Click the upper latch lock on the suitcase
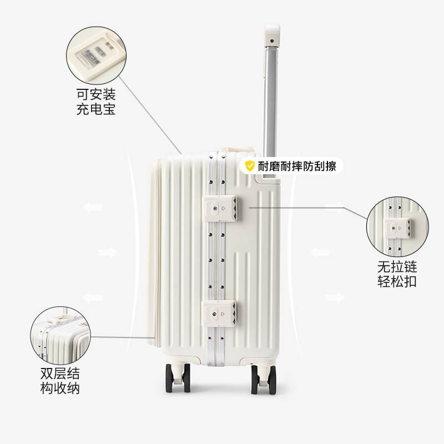[x=221, y=208]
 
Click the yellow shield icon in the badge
[x=250, y=165]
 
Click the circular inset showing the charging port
[x=93, y=54]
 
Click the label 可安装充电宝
[x=95, y=101]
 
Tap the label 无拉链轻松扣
[x=397, y=274]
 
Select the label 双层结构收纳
[x=60, y=380]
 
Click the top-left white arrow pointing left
[x=92, y=208]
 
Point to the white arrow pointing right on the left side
[x=108, y=253]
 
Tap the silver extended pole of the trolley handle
[x=270, y=105]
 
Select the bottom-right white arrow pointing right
[x=334, y=297]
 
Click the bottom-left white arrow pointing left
[x=92, y=297]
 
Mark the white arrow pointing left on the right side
[x=320, y=253]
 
